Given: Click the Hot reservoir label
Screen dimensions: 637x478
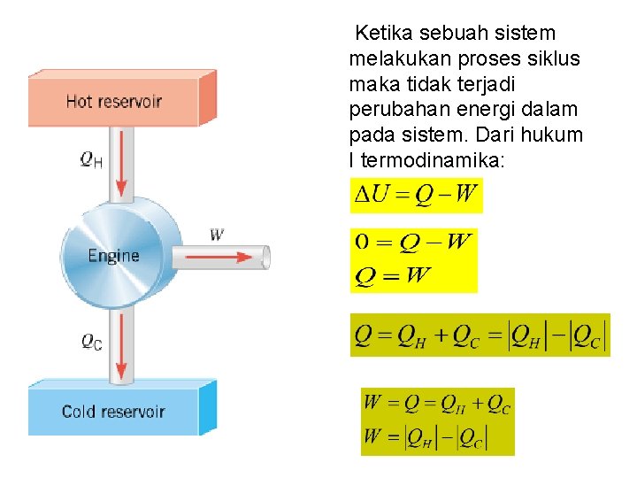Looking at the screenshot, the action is click(113, 101).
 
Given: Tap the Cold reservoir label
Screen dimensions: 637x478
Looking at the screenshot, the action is click(113, 412).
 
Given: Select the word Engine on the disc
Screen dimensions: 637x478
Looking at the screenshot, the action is click(113, 256).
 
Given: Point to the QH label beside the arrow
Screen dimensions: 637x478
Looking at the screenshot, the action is click(90, 159).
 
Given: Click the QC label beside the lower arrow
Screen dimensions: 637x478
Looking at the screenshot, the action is click(91, 341).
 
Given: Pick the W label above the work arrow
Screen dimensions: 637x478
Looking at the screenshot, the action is click(217, 235).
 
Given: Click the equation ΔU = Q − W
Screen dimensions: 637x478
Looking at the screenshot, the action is click(417, 195).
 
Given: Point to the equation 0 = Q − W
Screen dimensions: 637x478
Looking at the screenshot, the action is click(413, 242).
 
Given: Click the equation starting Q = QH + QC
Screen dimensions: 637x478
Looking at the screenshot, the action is click(480, 335).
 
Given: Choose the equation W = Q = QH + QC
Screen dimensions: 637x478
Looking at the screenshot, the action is click(437, 405).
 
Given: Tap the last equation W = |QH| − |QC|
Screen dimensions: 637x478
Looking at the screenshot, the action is click(437, 437).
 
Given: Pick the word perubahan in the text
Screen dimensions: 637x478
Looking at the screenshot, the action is click(395, 111).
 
